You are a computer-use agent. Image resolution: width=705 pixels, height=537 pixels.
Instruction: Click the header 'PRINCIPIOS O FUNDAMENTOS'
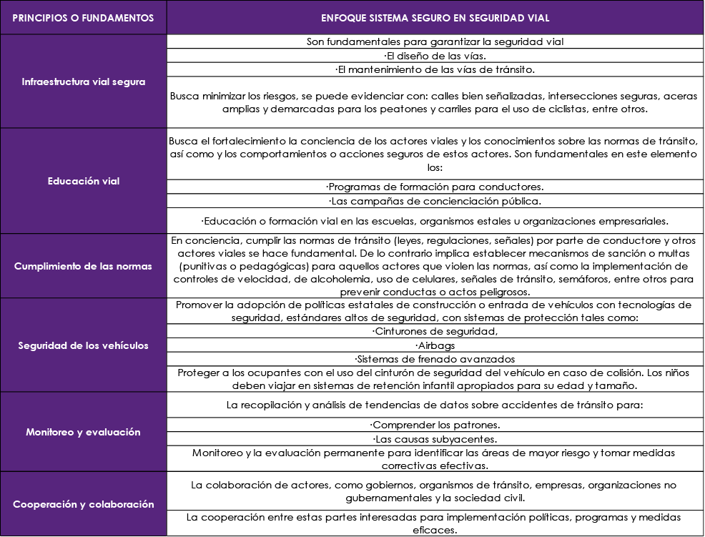(83, 18)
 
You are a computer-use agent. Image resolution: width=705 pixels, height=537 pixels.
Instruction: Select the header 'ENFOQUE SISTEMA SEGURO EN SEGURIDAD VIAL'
(435, 18)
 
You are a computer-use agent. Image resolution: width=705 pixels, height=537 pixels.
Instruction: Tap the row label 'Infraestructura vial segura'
(83, 82)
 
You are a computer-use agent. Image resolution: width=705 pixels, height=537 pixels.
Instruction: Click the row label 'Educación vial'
(83, 181)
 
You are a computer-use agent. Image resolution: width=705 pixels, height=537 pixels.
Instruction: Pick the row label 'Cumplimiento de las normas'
(83, 266)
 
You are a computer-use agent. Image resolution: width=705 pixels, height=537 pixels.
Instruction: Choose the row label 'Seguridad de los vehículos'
(83, 345)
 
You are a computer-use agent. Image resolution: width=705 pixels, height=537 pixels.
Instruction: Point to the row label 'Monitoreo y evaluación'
(83, 432)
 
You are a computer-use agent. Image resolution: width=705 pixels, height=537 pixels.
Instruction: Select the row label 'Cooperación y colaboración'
(83, 504)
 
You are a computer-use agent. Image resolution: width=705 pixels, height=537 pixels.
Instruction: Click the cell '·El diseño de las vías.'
(435, 56)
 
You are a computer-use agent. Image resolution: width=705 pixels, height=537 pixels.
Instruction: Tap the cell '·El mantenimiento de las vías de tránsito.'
(435, 69)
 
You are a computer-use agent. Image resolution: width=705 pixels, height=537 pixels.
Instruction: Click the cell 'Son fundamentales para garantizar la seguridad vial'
(435, 41)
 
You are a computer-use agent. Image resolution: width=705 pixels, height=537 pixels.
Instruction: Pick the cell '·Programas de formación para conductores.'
(435, 187)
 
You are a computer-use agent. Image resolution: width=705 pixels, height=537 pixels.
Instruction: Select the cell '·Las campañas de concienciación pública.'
(435, 201)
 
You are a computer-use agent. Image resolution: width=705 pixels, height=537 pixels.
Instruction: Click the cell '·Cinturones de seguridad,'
(435, 331)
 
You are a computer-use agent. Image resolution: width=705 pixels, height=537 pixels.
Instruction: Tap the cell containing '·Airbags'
(435, 345)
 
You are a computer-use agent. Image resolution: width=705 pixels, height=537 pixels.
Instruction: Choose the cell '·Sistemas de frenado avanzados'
(435, 359)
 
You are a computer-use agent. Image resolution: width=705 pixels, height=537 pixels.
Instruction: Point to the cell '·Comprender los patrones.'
(435, 425)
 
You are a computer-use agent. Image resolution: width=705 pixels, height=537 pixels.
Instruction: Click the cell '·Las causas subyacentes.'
(435, 438)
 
